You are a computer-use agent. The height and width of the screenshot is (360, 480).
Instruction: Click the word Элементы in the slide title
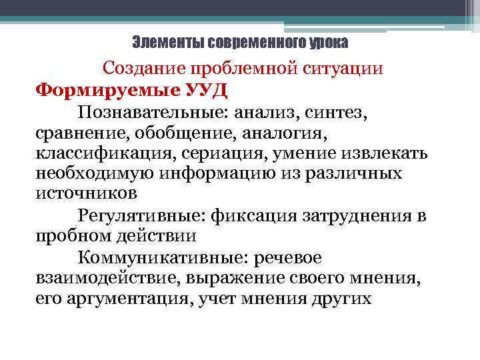click(x=168, y=43)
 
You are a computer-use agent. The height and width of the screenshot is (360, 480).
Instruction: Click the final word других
click(x=341, y=299)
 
